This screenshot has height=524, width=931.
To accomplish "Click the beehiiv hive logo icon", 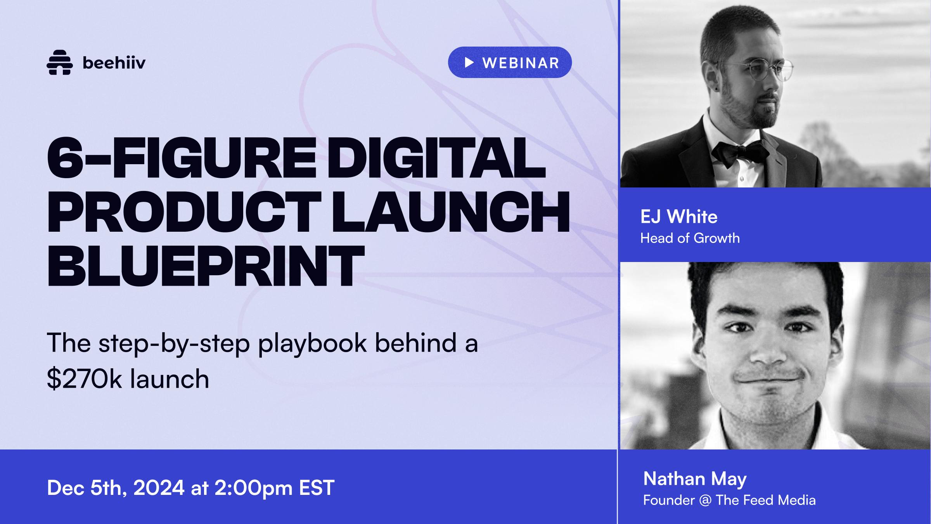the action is point(59,62).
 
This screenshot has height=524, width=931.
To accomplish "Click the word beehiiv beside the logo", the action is point(114,62).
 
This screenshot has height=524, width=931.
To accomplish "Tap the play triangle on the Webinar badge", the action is point(469,62).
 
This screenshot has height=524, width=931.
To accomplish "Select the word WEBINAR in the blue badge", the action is point(521,63).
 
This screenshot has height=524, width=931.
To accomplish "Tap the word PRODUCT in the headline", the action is point(184,213).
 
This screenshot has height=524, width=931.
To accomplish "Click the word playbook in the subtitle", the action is point(312,343).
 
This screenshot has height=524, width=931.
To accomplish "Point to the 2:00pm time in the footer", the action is point(253,488).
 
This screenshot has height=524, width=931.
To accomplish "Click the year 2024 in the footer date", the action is point(159,488).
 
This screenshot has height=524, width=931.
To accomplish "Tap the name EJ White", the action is point(679,217).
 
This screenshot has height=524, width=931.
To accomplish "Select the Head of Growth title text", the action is point(690,238).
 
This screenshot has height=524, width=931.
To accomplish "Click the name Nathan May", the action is point(695,479).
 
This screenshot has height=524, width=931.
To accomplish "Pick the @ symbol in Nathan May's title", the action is point(705,500).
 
